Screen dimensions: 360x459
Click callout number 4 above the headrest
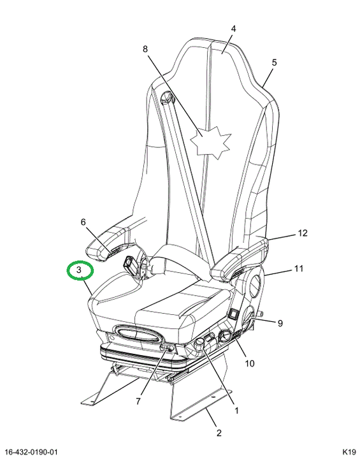point(233,29)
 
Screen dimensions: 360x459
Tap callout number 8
point(145,49)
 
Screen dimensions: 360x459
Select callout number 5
point(274,62)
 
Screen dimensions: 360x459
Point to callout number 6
point(83,222)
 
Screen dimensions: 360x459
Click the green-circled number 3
point(79,270)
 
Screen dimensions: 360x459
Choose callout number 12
point(303,233)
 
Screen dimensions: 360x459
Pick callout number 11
point(299,268)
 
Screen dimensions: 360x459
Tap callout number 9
point(280,323)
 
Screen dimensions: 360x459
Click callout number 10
point(250,363)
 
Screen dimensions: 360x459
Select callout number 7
point(138,401)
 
